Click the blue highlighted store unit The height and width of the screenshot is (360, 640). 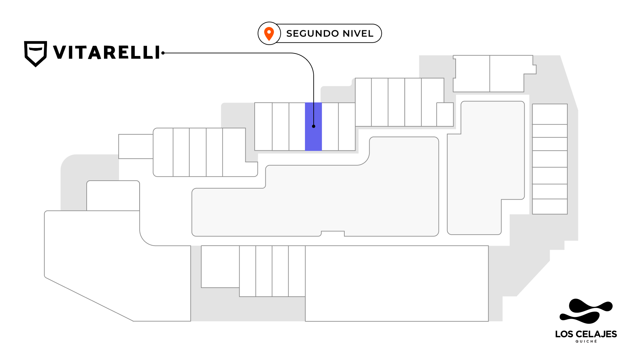pyautogui.click(x=313, y=127)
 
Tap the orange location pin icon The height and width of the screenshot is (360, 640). pyautogui.click(x=269, y=34)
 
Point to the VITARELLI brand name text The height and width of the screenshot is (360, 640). pyautogui.click(x=106, y=52)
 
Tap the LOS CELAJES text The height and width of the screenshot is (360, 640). pyautogui.click(x=586, y=334)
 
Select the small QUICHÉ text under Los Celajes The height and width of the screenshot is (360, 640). pyautogui.click(x=586, y=341)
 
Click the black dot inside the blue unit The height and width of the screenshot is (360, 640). pyautogui.click(x=314, y=126)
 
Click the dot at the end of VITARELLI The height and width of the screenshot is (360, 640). pyautogui.click(x=163, y=53)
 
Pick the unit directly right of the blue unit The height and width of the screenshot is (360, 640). pyautogui.click(x=330, y=127)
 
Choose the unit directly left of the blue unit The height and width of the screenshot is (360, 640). pyautogui.click(x=297, y=127)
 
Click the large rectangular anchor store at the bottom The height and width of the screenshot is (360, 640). pyautogui.click(x=397, y=284)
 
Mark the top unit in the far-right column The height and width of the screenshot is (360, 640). pyautogui.click(x=550, y=114)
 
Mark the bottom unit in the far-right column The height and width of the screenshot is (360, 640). pyautogui.click(x=550, y=206)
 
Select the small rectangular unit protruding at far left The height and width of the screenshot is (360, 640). pyautogui.click(x=136, y=146)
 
